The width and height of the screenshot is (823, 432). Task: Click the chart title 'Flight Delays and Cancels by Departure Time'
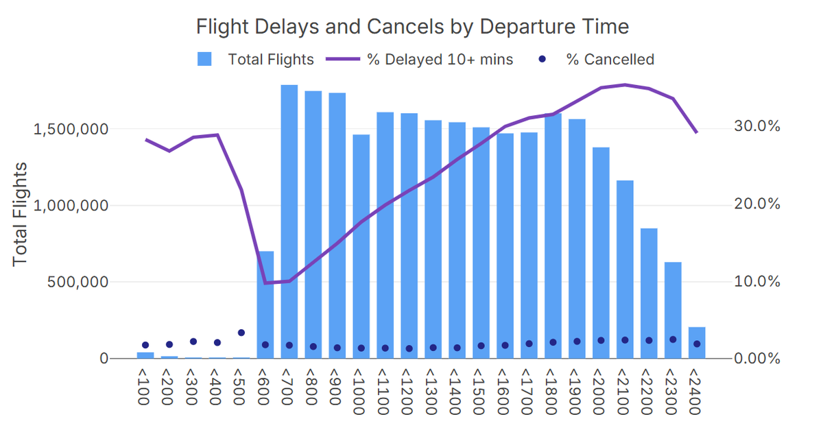[x=412, y=27]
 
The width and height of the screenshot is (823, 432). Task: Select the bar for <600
[x=265, y=304]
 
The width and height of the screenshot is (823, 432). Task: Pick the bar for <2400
[x=697, y=342]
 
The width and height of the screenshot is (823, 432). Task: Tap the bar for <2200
[x=649, y=293]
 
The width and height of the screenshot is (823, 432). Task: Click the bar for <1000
[x=361, y=246]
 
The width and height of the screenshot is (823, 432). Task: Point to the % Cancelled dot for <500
[x=241, y=333]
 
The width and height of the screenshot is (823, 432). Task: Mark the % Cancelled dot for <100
[x=145, y=345]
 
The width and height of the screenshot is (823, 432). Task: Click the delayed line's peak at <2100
[x=625, y=85]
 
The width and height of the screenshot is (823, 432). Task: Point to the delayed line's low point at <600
[x=265, y=283]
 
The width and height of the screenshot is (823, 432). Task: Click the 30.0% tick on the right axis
[x=754, y=127]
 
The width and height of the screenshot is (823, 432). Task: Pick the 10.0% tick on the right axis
[x=754, y=282]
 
